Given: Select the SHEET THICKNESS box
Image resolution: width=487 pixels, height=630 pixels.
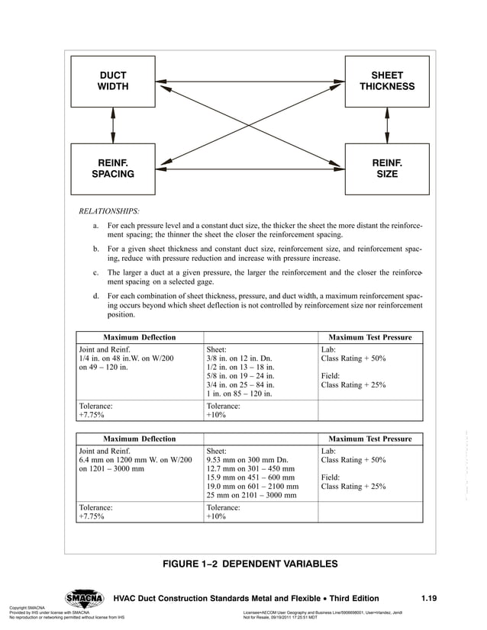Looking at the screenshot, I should click(x=387, y=81).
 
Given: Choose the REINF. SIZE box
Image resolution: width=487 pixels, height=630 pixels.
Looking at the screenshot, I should click(x=387, y=168).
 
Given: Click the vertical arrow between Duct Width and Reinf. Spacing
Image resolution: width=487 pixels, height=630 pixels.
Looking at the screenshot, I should click(x=112, y=124).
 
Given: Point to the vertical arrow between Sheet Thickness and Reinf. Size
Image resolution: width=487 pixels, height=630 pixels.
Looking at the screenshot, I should click(x=387, y=124).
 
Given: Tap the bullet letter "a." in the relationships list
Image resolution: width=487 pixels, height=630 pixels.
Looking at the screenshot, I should click(x=96, y=227).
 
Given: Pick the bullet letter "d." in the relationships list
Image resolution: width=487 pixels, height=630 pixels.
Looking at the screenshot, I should click(x=96, y=295).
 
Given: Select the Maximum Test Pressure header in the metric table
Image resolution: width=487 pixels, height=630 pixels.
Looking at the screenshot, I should click(x=369, y=439).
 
